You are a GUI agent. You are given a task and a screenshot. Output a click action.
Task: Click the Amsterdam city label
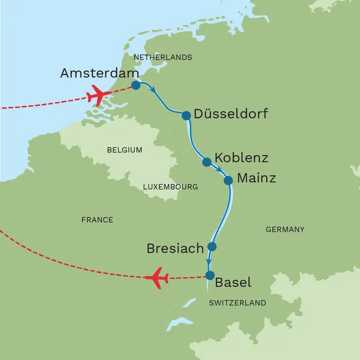click(x=96, y=73)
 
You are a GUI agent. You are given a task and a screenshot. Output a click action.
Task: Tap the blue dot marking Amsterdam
click(x=136, y=86)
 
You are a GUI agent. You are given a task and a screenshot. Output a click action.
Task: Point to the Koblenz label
click(x=241, y=158)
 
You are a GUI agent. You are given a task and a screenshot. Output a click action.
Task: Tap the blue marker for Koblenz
click(x=207, y=162)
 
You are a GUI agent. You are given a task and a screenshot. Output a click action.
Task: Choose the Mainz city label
click(x=257, y=178)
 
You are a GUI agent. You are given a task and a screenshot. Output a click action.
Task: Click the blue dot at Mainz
click(x=228, y=180)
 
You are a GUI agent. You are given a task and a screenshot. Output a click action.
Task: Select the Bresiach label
click(x=175, y=248)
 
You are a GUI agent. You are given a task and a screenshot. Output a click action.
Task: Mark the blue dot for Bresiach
click(x=211, y=247)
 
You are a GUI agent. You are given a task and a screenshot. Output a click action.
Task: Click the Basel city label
click(x=233, y=282)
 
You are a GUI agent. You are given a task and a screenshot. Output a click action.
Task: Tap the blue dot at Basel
click(x=209, y=275)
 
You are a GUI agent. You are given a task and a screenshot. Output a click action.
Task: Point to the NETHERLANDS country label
click(x=163, y=58)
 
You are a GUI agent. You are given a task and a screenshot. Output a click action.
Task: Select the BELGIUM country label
click(x=124, y=150)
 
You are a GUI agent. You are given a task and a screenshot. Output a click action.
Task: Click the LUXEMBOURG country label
click(x=170, y=187)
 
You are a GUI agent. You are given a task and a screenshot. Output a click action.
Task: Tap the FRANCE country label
click(x=97, y=220)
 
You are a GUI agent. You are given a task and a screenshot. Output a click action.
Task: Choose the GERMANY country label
click(x=284, y=229)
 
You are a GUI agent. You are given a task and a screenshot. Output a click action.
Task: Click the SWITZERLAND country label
click(x=237, y=304)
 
